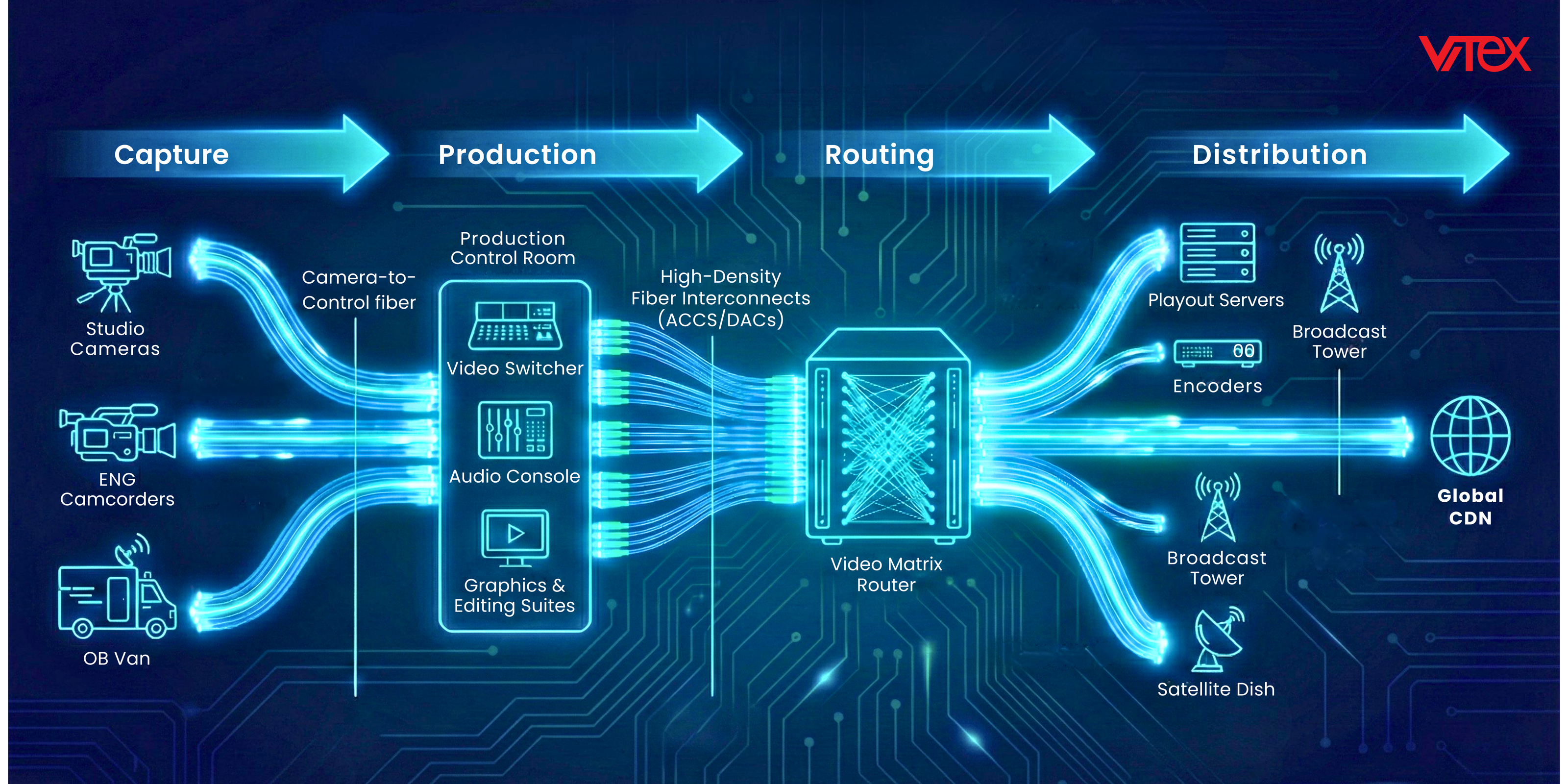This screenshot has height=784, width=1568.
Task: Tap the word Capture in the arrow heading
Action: [171, 155]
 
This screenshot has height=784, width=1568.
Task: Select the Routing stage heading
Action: [879, 155]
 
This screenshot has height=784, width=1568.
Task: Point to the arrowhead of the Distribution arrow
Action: [1485, 154]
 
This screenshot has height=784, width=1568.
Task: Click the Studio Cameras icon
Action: [121, 271]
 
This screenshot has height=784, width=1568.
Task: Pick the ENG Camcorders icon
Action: [118, 433]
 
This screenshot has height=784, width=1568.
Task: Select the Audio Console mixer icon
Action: [515, 430]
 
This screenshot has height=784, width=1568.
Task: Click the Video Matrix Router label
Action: [886, 574]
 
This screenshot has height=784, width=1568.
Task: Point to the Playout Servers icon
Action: [1217, 253]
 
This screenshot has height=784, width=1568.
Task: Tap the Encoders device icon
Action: [1217, 352]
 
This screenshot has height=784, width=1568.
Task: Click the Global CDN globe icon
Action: [1470, 436]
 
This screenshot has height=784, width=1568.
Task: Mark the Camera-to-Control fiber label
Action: [359, 290]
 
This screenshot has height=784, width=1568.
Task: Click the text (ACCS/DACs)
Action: [721, 319]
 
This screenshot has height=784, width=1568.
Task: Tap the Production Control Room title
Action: [513, 248]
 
